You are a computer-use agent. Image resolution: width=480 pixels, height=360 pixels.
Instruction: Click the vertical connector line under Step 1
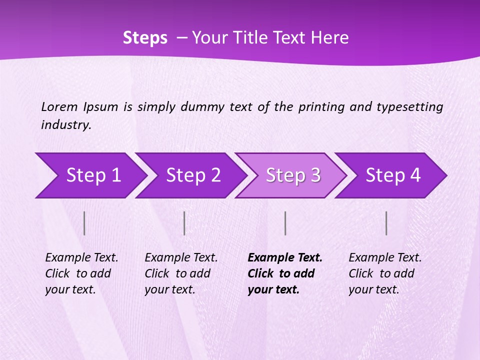click(x=84, y=223)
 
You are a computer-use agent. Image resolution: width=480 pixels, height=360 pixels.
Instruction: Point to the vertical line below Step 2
click(x=184, y=223)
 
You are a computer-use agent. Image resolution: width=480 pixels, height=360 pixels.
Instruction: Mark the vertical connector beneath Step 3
click(x=285, y=223)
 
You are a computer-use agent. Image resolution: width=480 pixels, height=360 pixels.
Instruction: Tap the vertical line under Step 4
click(x=386, y=223)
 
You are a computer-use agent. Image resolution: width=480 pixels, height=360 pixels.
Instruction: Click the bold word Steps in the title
click(x=145, y=38)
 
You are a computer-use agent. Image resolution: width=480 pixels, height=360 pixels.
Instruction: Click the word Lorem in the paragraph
click(x=59, y=106)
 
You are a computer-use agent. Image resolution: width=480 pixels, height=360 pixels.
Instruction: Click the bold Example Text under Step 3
click(x=285, y=258)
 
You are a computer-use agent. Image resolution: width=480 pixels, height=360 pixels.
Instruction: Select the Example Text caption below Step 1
click(x=81, y=258)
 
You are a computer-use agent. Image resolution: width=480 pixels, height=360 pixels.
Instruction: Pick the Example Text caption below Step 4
click(x=385, y=258)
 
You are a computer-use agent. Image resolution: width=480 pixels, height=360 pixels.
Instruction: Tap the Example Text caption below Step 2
click(x=181, y=258)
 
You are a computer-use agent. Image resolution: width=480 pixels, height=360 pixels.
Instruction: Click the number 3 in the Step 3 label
click(x=315, y=175)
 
